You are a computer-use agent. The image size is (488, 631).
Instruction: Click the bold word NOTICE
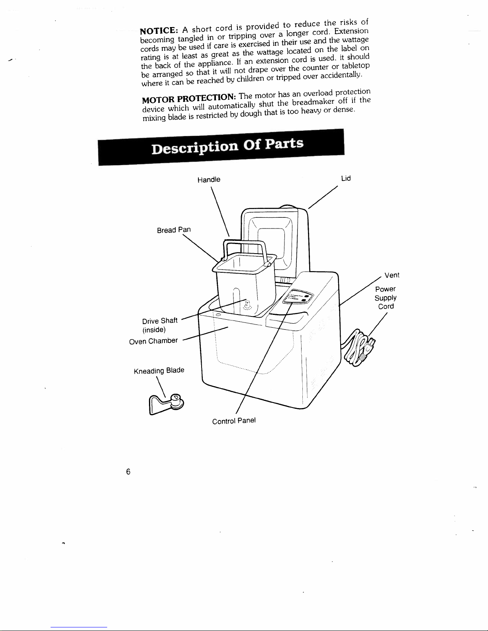pos(159,31)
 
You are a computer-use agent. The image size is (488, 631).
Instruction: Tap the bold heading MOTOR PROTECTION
pos(188,98)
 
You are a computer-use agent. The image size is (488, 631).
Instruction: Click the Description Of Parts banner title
pos(227,146)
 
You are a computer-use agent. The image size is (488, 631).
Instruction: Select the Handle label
pos(209,180)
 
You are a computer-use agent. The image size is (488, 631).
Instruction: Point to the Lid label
pos(346,178)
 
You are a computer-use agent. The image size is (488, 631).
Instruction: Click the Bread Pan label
pos(174,230)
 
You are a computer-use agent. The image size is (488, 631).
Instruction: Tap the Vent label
pos(392,275)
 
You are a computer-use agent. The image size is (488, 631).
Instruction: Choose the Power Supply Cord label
pos(386,298)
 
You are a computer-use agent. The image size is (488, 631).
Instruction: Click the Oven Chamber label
pos(153,341)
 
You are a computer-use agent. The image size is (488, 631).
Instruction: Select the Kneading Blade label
pos(159,371)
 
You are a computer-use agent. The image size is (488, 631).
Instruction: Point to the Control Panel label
pos(234,421)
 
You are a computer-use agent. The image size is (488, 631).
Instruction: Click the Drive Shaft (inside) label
pos(160,325)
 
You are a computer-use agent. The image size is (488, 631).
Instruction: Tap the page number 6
pos(128,472)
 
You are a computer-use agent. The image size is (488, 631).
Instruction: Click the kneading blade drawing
pos(166,404)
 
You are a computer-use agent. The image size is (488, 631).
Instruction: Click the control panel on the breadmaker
pos(298,297)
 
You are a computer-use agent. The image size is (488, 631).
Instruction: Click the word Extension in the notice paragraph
pos(351,31)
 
